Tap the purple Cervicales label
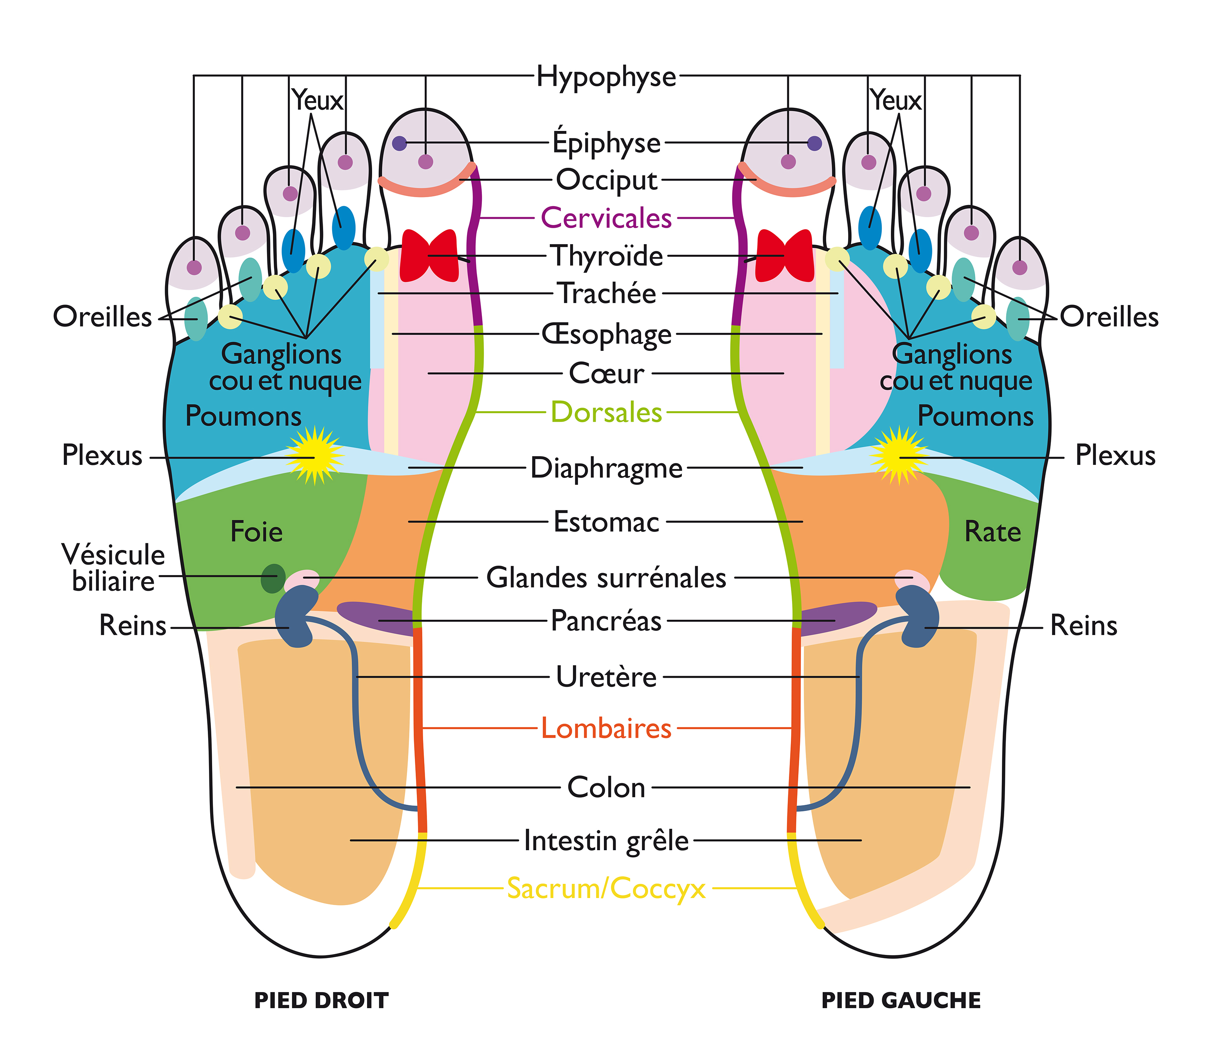[606, 218]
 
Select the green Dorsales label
[606, 412]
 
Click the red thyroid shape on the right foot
[429, 256]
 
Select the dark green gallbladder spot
[273, 579]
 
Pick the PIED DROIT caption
[321, 1001]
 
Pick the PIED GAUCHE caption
[901, 1001]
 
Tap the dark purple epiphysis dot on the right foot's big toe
[400, 143]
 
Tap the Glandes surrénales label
[606, 578]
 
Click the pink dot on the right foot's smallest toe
[194, 267]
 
